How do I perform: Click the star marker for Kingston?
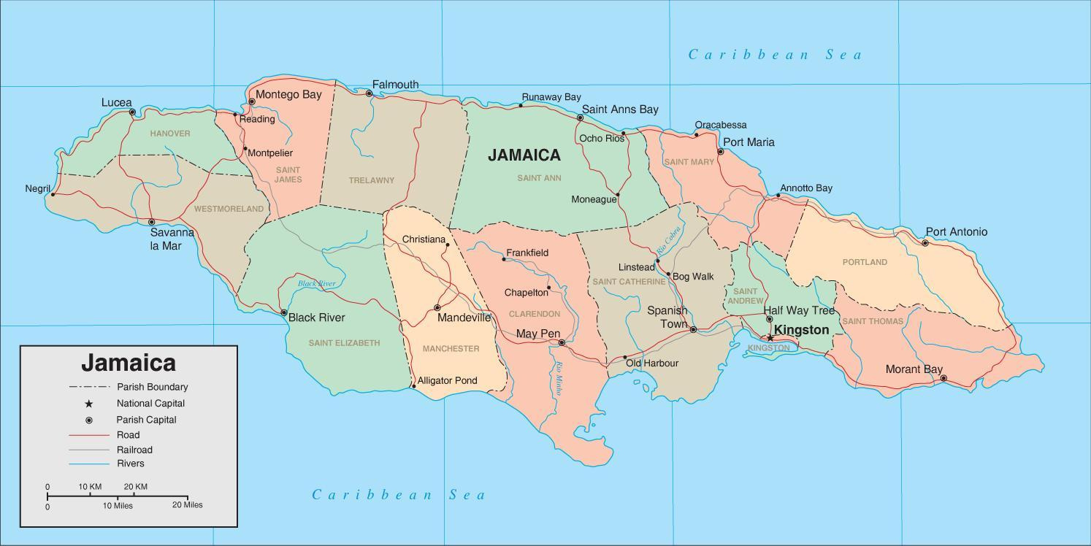pyautogui.click(x=770, y=337)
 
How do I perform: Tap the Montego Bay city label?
pyautogui.click(x=288, y=95)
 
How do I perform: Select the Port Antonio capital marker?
pyautogui.click(x=925, y=243)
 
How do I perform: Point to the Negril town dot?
pyautogui.click(x=53, y=194)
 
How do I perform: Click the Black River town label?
pyautogui.click(x=316, y=318)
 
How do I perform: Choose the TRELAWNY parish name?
pyautogui.click(x=371, y=180)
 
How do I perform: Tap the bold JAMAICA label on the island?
pyautogui.click(x=524, y=155)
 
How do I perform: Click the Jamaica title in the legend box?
pyautogui.click(x=129, y=363)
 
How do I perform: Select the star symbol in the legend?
pyautogui.click(x=89, y=404)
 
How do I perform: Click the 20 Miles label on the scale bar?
pyautogui.click(x=188, y=505)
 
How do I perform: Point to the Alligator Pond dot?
pyautogui.click(x=413, y=386)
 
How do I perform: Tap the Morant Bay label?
pyautogui.click(x=914, y=369)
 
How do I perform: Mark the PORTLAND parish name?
pyautogui.click(x=865, y=262)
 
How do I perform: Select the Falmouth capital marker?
pyautogui.click(x=370, y=93)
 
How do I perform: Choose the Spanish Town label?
pyautogui.click(x=667, y=317)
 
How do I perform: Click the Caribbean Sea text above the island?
pyautogui.click(x=775, y=54)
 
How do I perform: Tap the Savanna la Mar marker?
pyautogui.click(x=152, y=222)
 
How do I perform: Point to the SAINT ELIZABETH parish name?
pyautogui.click(x=344, y=343)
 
